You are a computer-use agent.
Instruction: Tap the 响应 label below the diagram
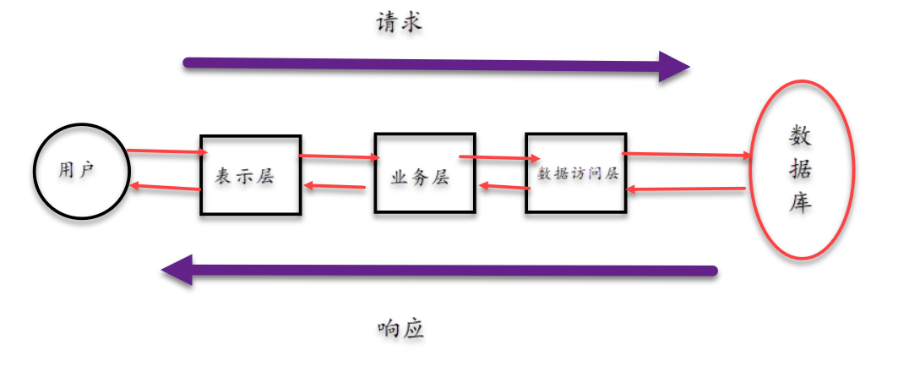click(x=400, y=329)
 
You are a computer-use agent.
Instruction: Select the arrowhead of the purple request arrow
click(x=675, y=66)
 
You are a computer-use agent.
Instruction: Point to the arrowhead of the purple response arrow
click(x=177, y=271)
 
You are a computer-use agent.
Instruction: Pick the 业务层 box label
click(x=420, y=178)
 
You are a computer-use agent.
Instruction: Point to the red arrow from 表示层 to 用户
click(x=165, y=187)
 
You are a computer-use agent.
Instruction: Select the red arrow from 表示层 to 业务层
click(x=338, y=156)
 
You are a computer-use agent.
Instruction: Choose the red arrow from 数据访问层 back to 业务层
click(x=503, y=186)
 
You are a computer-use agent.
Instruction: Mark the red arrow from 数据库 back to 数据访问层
click(x=686, y=189)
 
